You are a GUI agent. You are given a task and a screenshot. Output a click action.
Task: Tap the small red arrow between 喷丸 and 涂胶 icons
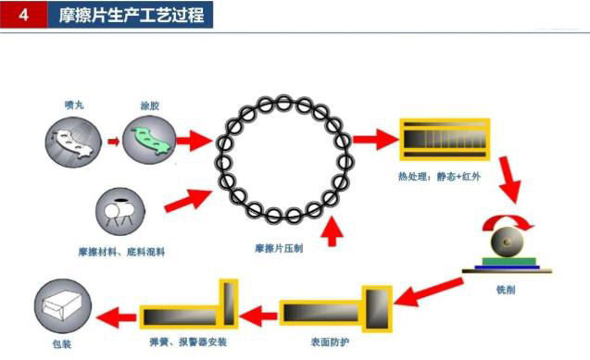112,143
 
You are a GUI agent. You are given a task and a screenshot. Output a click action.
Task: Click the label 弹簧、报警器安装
188,341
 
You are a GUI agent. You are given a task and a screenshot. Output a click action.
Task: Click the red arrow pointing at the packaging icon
116,316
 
